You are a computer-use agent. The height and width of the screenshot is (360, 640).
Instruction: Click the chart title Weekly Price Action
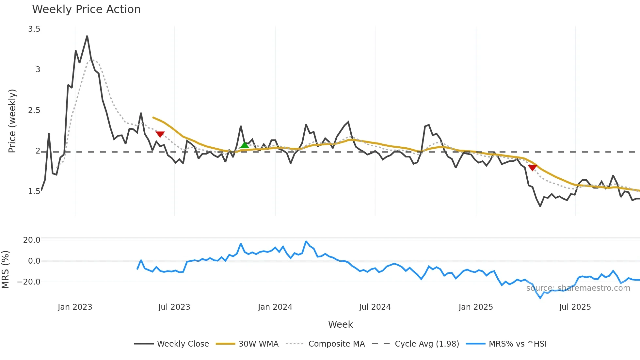(x=86, y=9)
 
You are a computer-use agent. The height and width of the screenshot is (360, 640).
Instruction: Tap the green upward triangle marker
(x=245, y=145)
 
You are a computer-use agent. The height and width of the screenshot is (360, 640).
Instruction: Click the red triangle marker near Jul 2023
(x=160, y=134)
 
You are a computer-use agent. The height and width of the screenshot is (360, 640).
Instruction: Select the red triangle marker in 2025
(x=532, y=168)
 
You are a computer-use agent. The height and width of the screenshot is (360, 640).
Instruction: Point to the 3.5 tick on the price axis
(x=34, y=29)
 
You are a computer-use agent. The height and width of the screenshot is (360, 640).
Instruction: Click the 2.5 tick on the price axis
(x=34, y=110)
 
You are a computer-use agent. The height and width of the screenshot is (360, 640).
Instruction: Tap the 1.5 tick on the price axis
(x=34, y=191)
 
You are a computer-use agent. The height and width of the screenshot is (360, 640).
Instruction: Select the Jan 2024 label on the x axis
(x=275, y=307)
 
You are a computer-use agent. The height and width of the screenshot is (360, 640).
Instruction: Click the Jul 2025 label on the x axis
(x=575, y=307)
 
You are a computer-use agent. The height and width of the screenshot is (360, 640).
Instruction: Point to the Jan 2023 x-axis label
(x=75, y=307)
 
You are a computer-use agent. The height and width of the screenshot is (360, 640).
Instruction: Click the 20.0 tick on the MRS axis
(x=32, y=240)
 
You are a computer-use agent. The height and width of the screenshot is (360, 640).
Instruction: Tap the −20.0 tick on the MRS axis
(x=29, y=282)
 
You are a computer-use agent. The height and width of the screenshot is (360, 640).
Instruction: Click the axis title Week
(x=340, y=324)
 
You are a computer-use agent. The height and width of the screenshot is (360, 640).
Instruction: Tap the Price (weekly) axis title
(x=12, y=121)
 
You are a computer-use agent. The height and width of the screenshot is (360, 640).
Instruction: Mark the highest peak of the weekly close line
(x=87, y=36)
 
